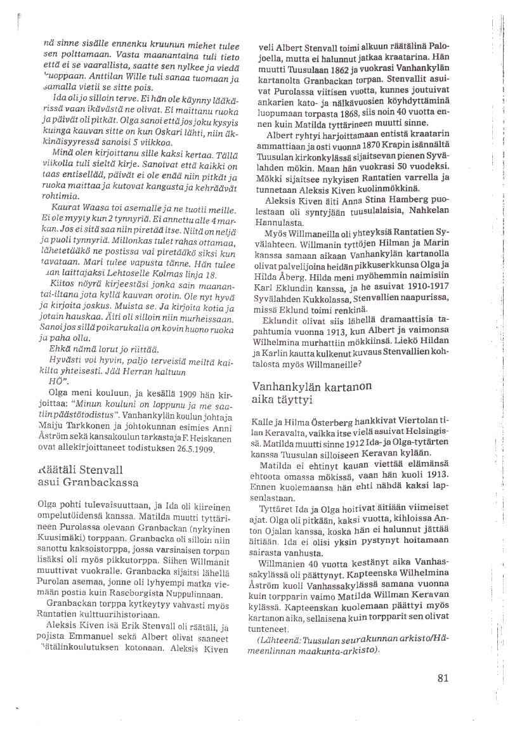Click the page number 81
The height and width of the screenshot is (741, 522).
click(443, 678)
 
